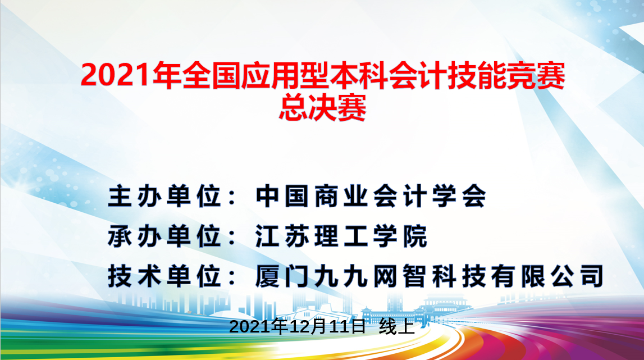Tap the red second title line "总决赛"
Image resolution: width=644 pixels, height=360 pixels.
[322, 107]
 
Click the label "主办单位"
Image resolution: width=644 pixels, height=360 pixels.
[164, 197]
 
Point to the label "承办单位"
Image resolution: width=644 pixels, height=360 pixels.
[164, 237]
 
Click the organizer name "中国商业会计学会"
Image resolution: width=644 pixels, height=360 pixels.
[371, 197]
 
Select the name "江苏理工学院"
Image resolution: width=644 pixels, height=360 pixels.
[341, 237]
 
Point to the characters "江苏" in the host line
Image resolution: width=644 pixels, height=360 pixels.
[282, 237]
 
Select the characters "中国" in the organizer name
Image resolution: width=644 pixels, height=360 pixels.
[282, 197]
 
